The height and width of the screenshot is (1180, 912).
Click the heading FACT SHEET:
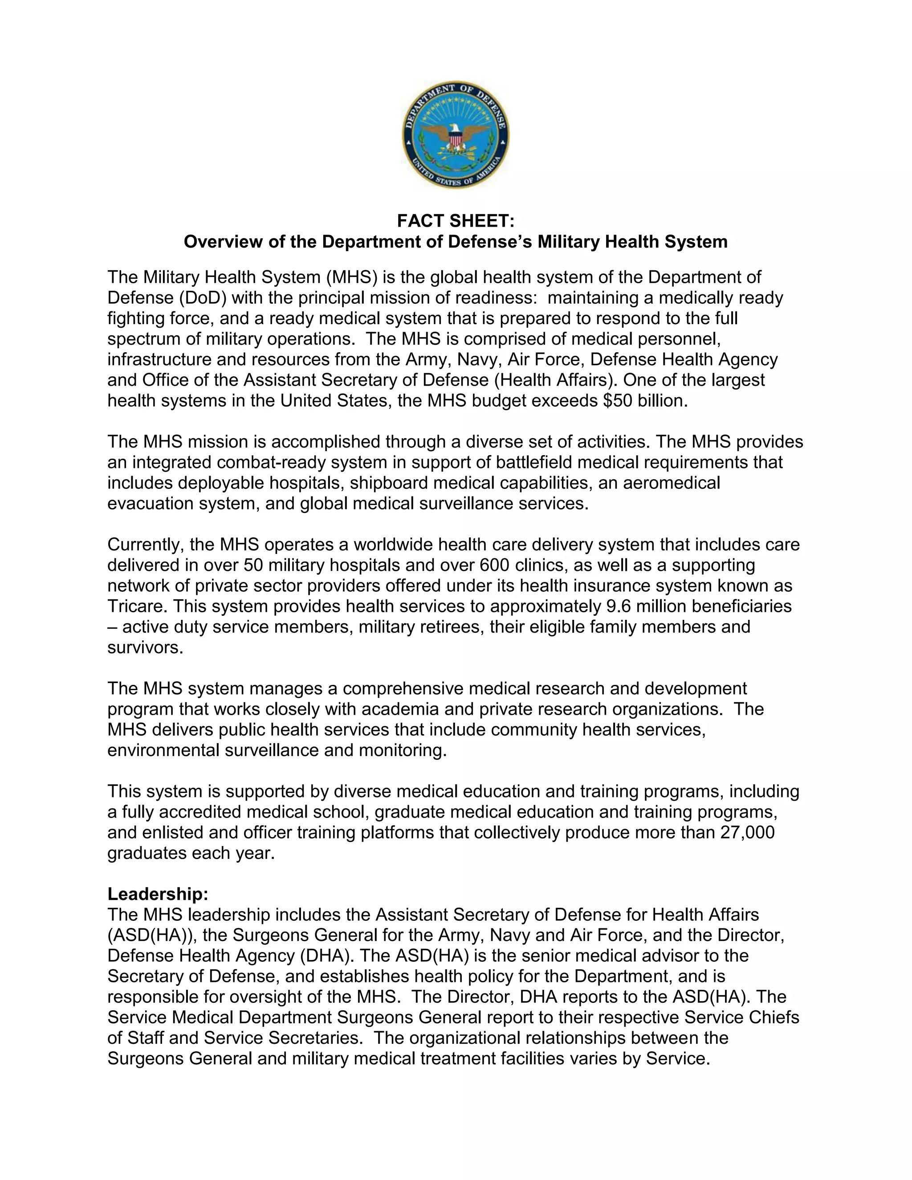coord(456,221)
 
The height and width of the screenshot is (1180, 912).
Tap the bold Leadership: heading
coord(158,894)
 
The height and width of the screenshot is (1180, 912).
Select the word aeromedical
coord(672,483)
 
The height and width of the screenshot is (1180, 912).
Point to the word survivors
coord(145,647)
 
